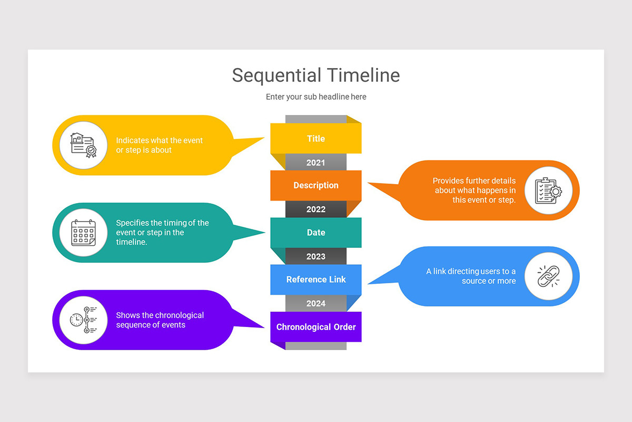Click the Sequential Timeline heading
(x=316, y=75)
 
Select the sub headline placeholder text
(x=316, y=97)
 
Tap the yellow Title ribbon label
(x=316, y=139)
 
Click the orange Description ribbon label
(x=316, y=186)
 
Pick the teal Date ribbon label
(x=316, y=233)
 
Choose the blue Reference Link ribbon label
(x=316, y=280)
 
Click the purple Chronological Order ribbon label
(x=316, y=327)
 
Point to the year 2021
(x=316, y=162)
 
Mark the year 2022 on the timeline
(x=316, y=209)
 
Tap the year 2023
(x=316, y=256)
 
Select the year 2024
(x=316, y=303)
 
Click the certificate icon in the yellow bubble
(x=83, y=145)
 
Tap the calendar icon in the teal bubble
(x=83, y=233)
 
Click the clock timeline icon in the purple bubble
(x=83, y=320)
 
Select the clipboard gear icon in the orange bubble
(x=548, y=190)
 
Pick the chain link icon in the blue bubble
(x=548, y=276)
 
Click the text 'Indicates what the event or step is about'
(x=159, y=145)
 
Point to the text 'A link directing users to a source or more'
(x=471, y=276)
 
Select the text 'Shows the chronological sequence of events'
(x=160, y=320)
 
